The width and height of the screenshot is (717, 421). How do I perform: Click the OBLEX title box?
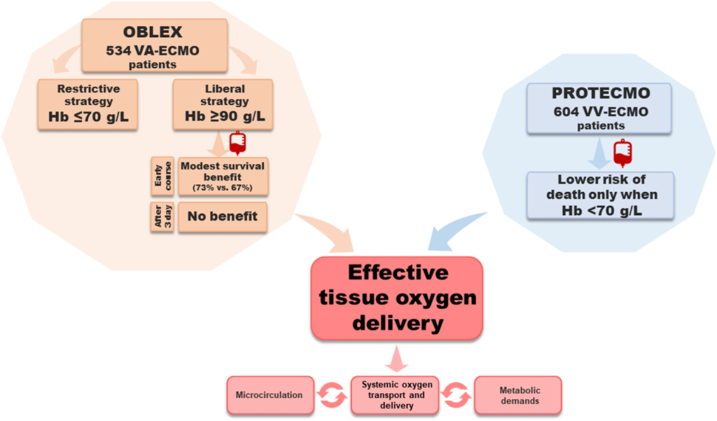click(x=154, y=45)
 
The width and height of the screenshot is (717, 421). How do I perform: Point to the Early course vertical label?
click(x=158, y=177)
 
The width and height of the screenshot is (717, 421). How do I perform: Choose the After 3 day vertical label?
click(x=158, y=216)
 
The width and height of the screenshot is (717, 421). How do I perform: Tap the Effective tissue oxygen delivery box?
click(x=397, y=298)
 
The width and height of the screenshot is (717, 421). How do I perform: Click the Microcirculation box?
click(x=269, y=395)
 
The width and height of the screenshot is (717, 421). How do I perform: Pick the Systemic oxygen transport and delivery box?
click(x=397, y=395)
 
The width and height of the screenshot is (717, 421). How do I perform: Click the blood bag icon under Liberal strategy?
click(x=238, y=143)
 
